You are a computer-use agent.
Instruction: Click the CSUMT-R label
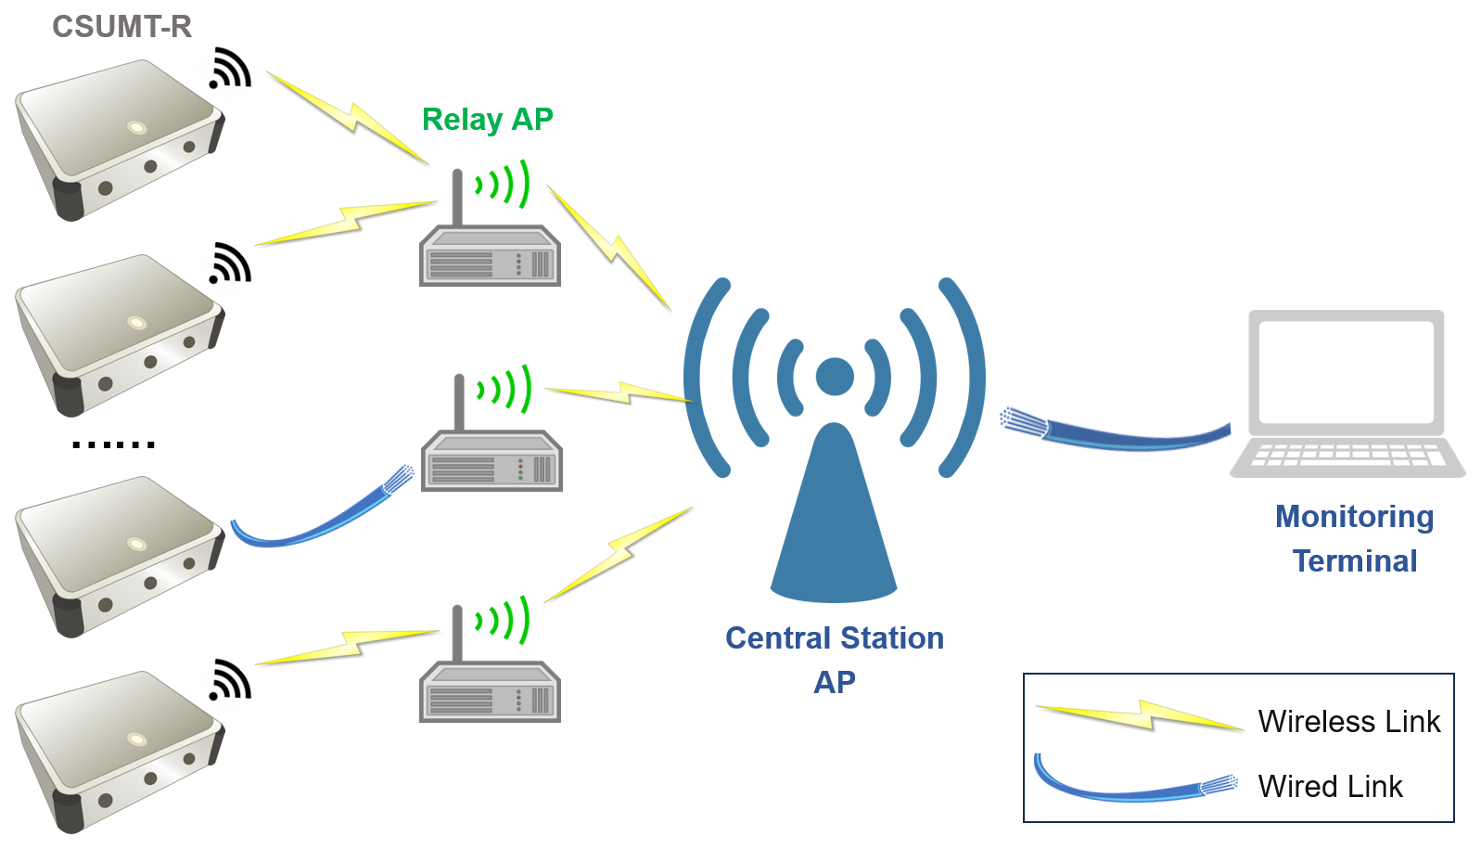(x=121, y=27)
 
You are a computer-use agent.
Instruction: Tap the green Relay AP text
(x=487, y=120)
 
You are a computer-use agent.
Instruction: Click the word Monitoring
(x=1354, y=517)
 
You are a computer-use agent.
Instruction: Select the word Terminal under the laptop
(x=1354, y=561)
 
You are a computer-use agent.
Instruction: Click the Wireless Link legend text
(x=1348, y=722)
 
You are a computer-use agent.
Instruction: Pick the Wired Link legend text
(x=1330, y=787)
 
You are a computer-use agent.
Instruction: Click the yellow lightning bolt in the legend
(x=1141, y=715)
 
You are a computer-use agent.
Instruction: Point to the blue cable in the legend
(x=1131, y=790)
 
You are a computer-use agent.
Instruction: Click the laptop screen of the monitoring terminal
(x=1346, y=372)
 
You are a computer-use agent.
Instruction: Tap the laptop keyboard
(x=1347, y=455)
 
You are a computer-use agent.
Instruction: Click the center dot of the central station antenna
(x=835, y=377)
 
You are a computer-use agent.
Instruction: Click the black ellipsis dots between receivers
(x=113, y=445)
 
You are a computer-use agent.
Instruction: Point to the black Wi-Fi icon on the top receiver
(x=230, y=70)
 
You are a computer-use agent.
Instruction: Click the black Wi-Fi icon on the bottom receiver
(x=230, y=680)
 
